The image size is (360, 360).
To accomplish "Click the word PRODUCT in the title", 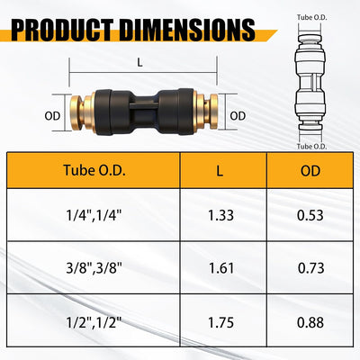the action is tap(62, 30).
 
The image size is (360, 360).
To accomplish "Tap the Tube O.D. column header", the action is tap(94, 170).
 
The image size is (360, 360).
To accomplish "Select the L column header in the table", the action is tap(220, 171).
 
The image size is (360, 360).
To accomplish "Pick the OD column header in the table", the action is tap(310, 171).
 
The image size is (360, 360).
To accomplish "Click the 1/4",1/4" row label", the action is tap(94, 215).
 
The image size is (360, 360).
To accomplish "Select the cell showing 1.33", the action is tap(220, 215).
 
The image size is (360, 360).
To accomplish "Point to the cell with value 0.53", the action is tap(310, 215).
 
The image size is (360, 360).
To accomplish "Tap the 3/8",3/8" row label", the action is tap(94, 268).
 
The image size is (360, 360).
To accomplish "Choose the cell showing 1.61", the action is tap(221, 268).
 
